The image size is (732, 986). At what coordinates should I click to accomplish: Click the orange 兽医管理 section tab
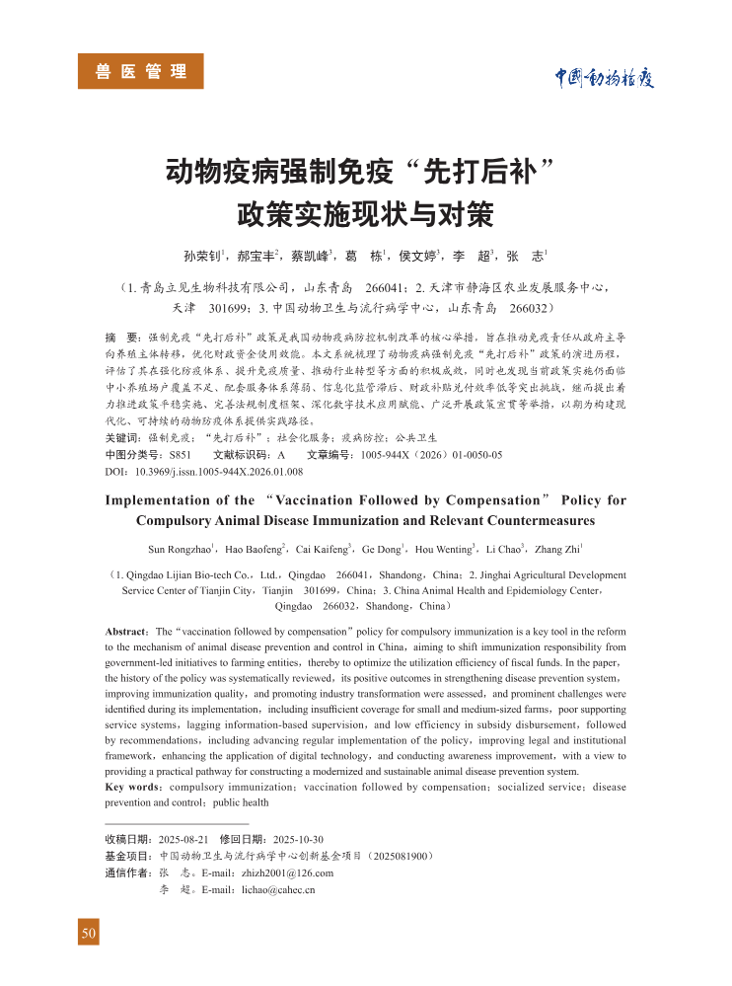pyautogui.click(x=141, y=71)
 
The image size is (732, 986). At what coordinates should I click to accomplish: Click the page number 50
pyautogui.click(x=89, y=933)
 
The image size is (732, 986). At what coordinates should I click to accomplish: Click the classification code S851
pyautogui.click(x=180, y=455)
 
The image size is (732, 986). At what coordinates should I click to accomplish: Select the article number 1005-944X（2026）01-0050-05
pyautogui.click(x=431, y=455)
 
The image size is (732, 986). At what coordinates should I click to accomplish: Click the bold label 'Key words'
pyautogui.click(x=133, y=787)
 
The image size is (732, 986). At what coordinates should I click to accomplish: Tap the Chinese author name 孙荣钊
pyautogui.click(x=203, y=255)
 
